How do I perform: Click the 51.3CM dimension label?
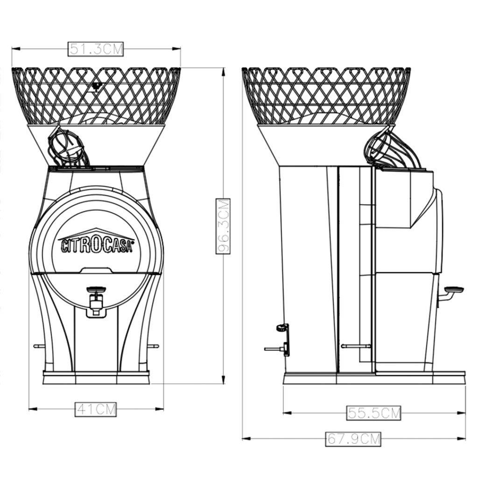pyautogui.click(x=96, y=49)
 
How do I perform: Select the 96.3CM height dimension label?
pyautogui.click(x=223, y=226)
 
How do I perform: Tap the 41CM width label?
pyautogui.click(x=96, y=409)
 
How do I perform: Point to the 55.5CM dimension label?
pyautogui.click(x=374, y=413)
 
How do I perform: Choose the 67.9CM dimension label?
pyautogui.click(x=353, y=439)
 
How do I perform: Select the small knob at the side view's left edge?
pyautogui.click(x=281, y=328)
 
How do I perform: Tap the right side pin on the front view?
pyautogui.click(x=154, y=346)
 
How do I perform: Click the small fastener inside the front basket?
pyautogui.click(x=97, y=86)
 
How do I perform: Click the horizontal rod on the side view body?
pyautogui.click(x=356, y=346)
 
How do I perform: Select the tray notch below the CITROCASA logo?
pyautogui.click(x=96, y=270)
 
